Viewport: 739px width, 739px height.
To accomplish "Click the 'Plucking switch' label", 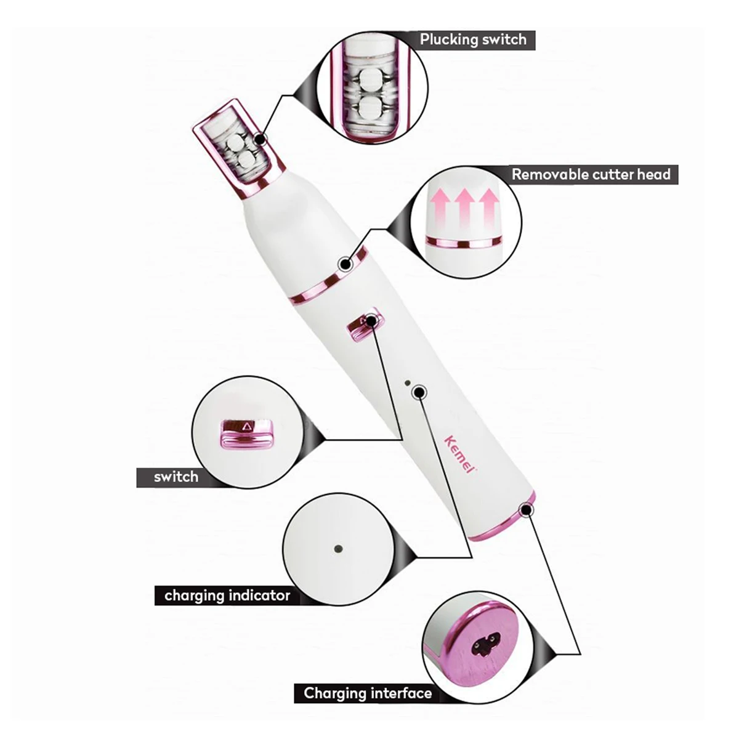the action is click(473, 39).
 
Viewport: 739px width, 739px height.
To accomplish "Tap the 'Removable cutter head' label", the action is click(591, 174).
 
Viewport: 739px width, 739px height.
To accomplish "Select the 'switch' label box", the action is click(176, 477).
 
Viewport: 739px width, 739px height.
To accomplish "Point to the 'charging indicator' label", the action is click(227, 596).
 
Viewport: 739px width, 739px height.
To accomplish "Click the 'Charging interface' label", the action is click(368, 693).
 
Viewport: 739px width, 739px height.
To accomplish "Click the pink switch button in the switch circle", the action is click(246, 432).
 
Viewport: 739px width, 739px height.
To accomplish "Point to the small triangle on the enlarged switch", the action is click(248, 425).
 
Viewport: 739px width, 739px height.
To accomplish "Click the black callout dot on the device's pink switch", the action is click(371, 320).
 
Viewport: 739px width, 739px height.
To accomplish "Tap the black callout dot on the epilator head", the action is click(260, 140).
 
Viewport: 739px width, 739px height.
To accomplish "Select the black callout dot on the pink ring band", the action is click(345, 265).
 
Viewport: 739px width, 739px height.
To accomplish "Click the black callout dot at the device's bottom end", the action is click(526, 509).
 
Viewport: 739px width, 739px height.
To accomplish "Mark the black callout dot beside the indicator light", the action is click(419, 391).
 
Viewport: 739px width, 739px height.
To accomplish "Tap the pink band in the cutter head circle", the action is click(465, 241).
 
